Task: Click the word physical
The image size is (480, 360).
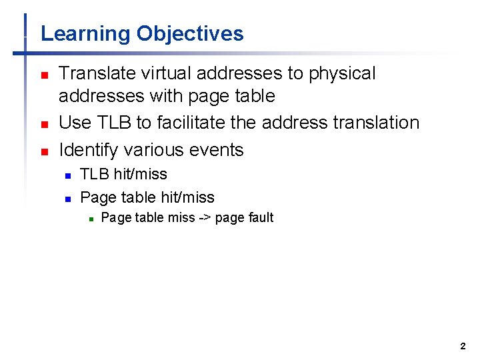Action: coord(342,73)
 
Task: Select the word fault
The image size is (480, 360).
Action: coord(261,217)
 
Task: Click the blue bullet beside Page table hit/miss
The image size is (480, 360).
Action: coord(67,199)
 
